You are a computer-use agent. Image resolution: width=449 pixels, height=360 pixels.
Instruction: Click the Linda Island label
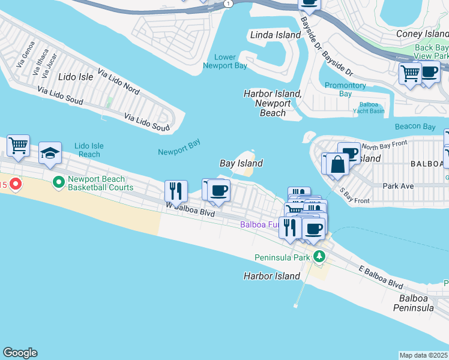coord(275,35)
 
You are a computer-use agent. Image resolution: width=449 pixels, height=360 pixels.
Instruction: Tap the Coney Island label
coord(422,34)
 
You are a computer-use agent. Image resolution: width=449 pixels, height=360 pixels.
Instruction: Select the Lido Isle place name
coord(76,77)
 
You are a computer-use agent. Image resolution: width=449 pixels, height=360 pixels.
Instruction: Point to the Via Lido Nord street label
coord(118,83)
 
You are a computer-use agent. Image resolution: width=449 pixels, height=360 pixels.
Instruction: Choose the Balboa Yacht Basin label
coord(368,107)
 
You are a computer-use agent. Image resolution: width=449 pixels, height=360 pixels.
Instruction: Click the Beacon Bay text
coord(415,127)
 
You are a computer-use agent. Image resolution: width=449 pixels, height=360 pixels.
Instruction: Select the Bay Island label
coord(241,163)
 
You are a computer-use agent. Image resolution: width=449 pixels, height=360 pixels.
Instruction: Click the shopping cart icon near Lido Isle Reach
coord(18,145)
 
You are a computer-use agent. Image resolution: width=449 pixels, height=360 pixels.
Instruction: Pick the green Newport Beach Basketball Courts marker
coord(59,181)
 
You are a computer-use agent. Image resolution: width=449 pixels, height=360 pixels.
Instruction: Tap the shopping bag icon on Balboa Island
coord(337,164)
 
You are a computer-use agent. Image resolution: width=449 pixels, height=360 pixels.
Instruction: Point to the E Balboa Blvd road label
coord(381,277)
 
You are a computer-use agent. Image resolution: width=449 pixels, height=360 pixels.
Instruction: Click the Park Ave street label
coord(399,186)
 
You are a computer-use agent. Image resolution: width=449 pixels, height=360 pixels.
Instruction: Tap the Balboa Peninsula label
coord(413,302)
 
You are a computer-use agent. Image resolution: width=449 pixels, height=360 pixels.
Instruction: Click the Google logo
coord(20,353)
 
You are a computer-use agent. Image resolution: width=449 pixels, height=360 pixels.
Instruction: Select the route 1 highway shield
coord(228,4)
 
